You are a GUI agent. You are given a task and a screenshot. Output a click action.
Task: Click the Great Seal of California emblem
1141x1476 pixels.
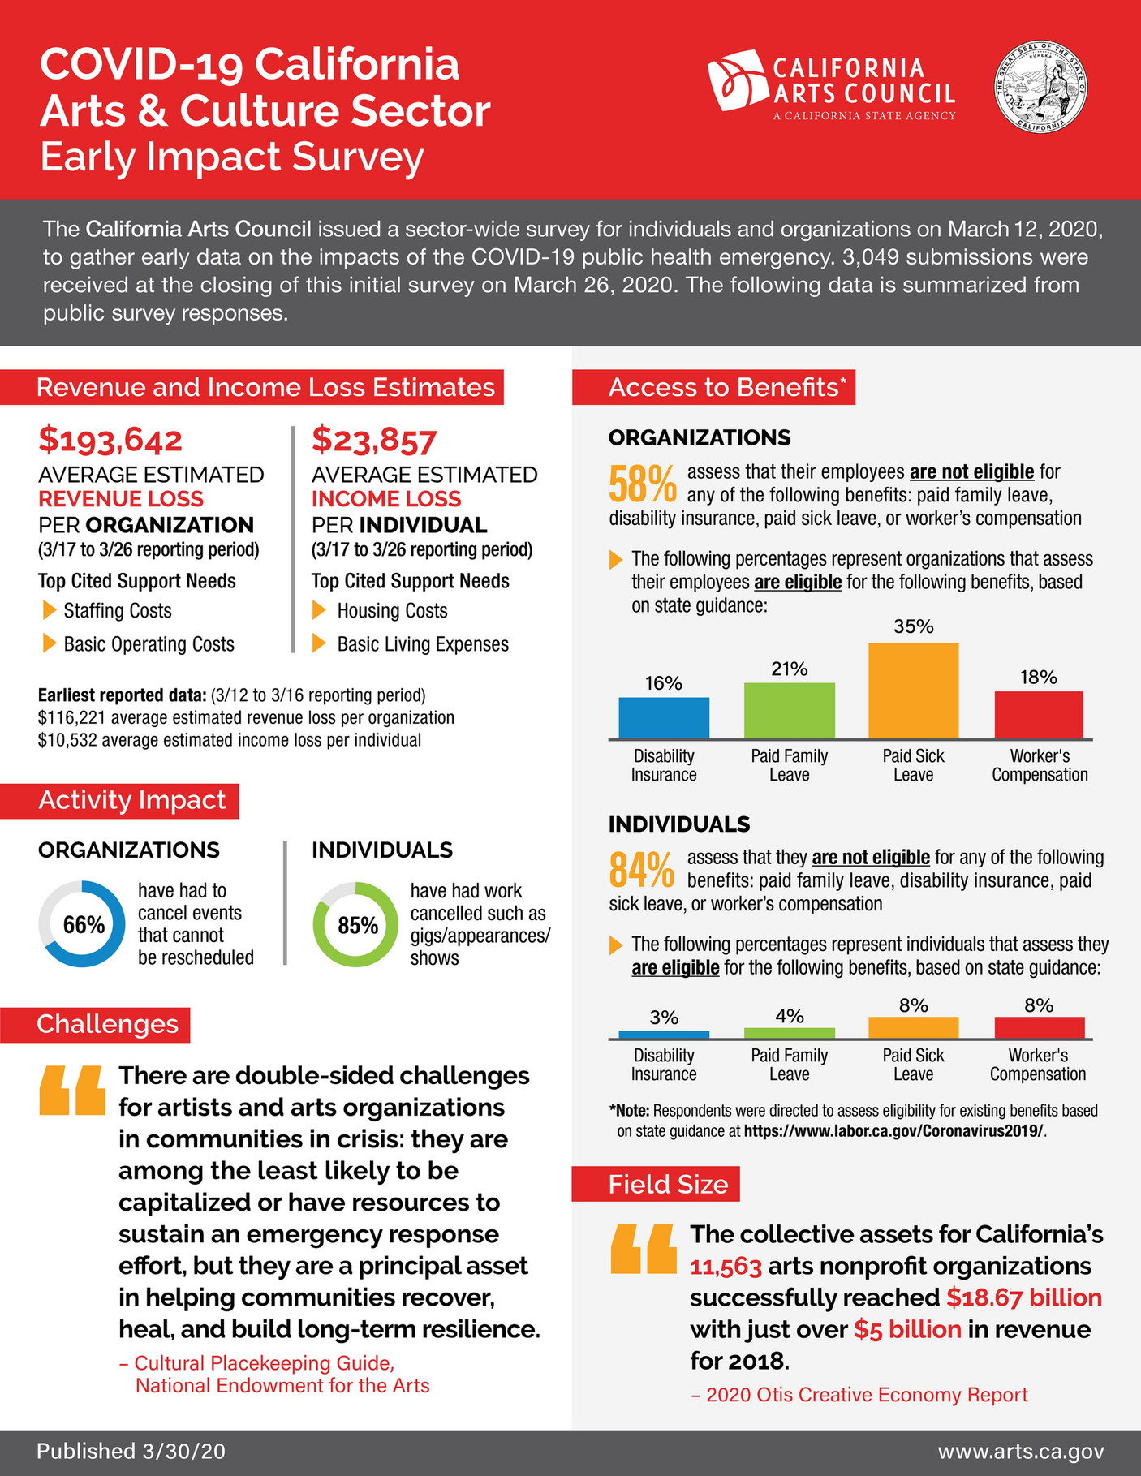coord(1041,88)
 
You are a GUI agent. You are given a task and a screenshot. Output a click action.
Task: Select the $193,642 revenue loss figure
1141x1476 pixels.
coord(110,441)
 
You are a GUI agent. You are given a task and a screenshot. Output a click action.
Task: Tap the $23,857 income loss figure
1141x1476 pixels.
coord(374,441)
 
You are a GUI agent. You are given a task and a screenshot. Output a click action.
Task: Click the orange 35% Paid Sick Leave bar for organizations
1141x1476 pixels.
coord(913,691)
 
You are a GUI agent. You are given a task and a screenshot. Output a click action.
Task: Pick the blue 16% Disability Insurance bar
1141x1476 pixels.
coord(664,718)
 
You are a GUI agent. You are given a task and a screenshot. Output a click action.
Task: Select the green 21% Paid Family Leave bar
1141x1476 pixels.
coord(789,711)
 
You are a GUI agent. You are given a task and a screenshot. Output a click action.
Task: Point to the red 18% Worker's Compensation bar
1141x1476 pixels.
coord(1039,715)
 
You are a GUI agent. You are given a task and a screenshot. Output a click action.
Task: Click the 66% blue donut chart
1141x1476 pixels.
coord(82,923)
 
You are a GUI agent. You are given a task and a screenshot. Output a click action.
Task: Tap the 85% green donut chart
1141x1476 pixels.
coord(356,924)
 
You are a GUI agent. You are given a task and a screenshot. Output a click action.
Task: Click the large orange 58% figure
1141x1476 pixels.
coord(642,484)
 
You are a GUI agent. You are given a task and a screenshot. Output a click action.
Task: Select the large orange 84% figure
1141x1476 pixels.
coord(641,870)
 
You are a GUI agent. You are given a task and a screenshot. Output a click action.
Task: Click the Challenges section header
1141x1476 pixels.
coord(107,1024)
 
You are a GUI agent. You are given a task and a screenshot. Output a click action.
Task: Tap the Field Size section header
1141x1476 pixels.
coord(667,1184)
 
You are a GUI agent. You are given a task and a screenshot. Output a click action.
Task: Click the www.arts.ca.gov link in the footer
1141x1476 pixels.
coord(1020,1451)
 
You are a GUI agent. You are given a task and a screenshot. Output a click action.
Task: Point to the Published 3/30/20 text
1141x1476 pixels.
coord(131,1451)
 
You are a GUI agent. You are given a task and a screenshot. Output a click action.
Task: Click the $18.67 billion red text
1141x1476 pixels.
coord(1023,1297)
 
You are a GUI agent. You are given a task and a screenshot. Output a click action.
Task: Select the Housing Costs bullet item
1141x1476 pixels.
coord(392,610)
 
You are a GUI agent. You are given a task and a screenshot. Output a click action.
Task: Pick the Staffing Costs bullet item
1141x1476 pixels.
coord(118,610)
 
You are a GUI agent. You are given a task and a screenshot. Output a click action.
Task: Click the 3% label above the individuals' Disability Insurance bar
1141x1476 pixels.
coord(664,1018)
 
